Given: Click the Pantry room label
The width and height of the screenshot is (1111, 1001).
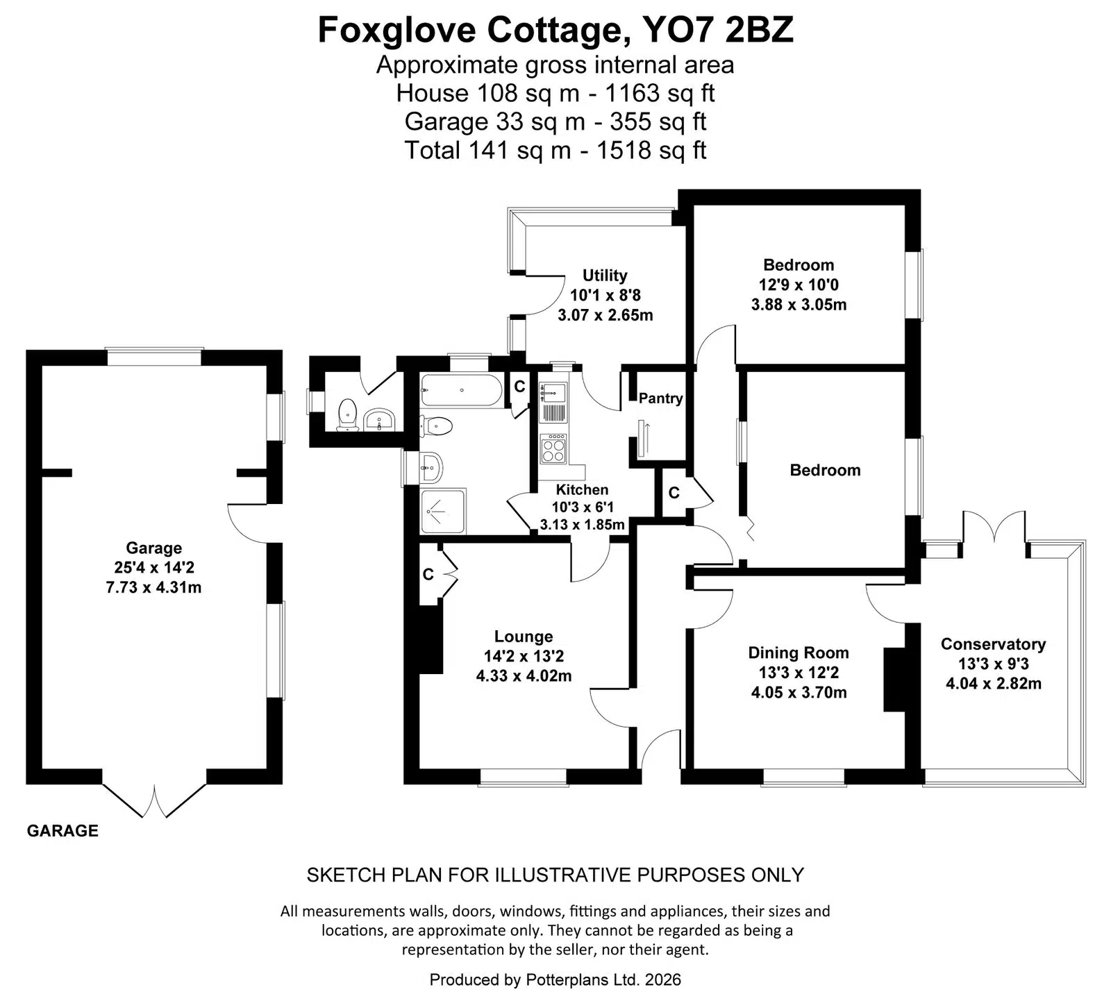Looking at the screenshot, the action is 660,398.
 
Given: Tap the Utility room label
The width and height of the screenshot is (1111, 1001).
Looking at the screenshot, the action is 605,276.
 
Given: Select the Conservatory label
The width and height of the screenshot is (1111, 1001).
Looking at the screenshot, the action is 993,644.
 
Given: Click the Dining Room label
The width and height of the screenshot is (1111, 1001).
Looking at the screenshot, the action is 799,653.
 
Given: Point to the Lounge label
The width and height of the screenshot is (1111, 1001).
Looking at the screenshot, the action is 524,637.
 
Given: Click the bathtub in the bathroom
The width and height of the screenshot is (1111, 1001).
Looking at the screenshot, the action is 461,391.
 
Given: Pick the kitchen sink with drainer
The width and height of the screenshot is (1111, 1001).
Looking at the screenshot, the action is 554,403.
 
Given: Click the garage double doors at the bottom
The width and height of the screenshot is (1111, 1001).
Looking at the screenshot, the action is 155,800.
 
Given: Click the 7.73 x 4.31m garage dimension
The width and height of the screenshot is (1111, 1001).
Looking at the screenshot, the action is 153,587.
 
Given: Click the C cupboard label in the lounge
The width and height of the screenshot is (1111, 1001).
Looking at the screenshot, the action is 428,575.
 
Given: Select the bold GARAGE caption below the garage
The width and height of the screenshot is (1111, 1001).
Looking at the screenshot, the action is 62,831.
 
